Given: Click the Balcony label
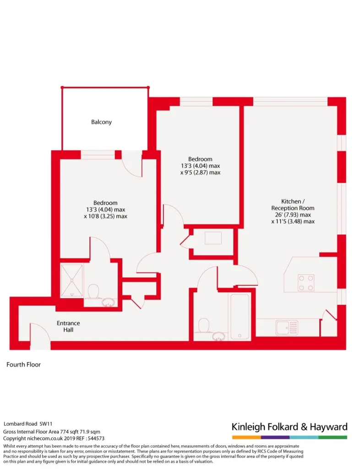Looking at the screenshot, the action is [x=101, y=122].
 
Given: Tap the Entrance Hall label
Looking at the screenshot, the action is [x=68, y=326].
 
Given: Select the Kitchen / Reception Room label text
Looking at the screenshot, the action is [x=293, y=205].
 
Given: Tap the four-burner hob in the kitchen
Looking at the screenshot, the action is [x=306, y=283].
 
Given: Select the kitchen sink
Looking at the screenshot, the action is [x=287, y=327].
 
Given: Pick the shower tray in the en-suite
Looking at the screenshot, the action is [x=71, y=280].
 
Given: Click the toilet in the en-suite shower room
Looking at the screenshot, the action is [x=93, y=291].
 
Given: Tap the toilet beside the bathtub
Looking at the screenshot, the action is [x=204, y=325].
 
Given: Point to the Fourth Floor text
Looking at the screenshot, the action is [x=24, y=365].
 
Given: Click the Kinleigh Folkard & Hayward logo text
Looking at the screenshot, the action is [x=289, y=427].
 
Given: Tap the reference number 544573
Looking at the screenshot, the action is [x=95, y=438].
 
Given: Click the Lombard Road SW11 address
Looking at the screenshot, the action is [x=28, y=424].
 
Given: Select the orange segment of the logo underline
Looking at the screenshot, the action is [x=246, y=437].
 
